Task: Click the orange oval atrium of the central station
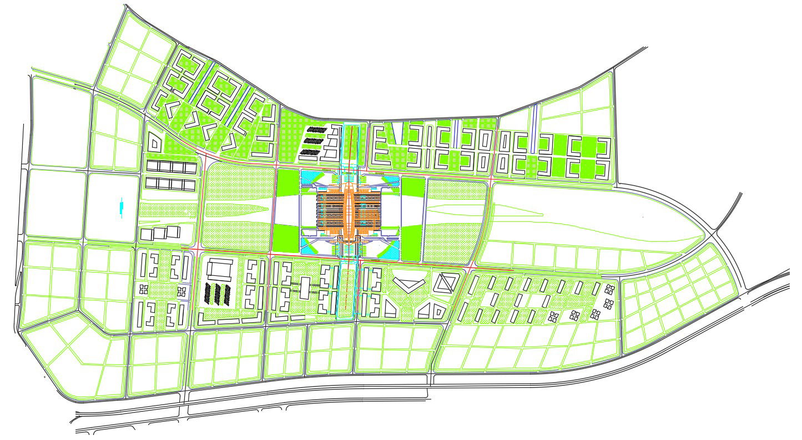(x=349, y=210)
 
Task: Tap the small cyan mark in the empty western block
(x=121, y=209)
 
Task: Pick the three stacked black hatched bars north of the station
(x=314, y=141)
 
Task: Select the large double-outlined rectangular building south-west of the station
(x=221, y=270)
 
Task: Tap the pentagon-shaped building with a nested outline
(x=154, y=143)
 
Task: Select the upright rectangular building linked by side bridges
(x=305, y=287)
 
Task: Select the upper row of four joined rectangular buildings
(x=172, y=166)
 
